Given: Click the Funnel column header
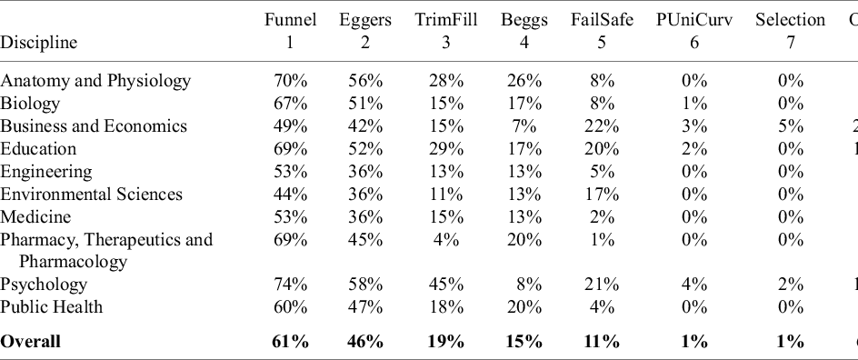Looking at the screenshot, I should [x=290, y=19].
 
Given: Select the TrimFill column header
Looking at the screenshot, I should [x=445, y=19].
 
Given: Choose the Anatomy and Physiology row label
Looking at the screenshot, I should [x=95, y=81].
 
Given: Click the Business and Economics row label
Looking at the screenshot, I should [x=94, y=126].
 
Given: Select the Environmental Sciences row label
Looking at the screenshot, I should [x=91, y=195].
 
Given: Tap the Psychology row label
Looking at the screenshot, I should [x=43, y=285].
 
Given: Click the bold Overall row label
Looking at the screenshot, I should [x=31, y=342].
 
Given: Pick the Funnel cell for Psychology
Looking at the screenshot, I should [x=291, y=285].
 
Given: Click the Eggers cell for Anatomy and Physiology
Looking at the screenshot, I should [x=365, y=81].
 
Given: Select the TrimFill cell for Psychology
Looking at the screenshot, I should [x=445, y=285].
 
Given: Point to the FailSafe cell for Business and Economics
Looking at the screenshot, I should [x=596, y=126].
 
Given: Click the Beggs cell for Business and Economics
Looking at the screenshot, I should [x=525, y=126].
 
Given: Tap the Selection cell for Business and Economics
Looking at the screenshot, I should [x=791, y=126].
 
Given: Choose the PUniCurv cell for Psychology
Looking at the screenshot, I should [x=694, y=285].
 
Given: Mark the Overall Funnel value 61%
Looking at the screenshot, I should [x=291, y=342].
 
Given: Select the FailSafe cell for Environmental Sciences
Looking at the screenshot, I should [x=596, y=195].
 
